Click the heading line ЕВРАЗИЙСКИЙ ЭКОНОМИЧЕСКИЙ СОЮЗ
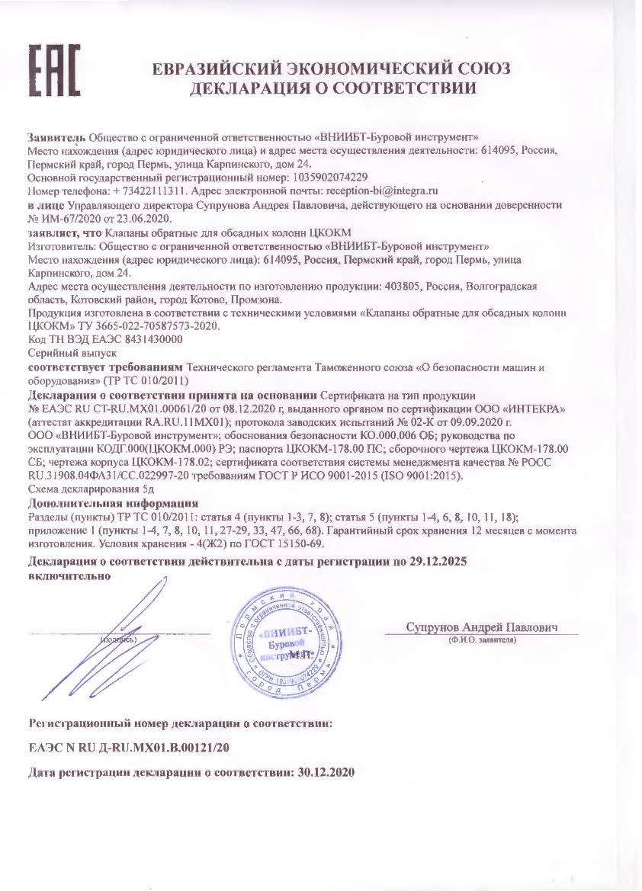[x=332, y=69]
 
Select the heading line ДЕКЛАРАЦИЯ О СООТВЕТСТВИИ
[x=332, y=88]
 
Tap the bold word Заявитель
[x=56, y=137]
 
